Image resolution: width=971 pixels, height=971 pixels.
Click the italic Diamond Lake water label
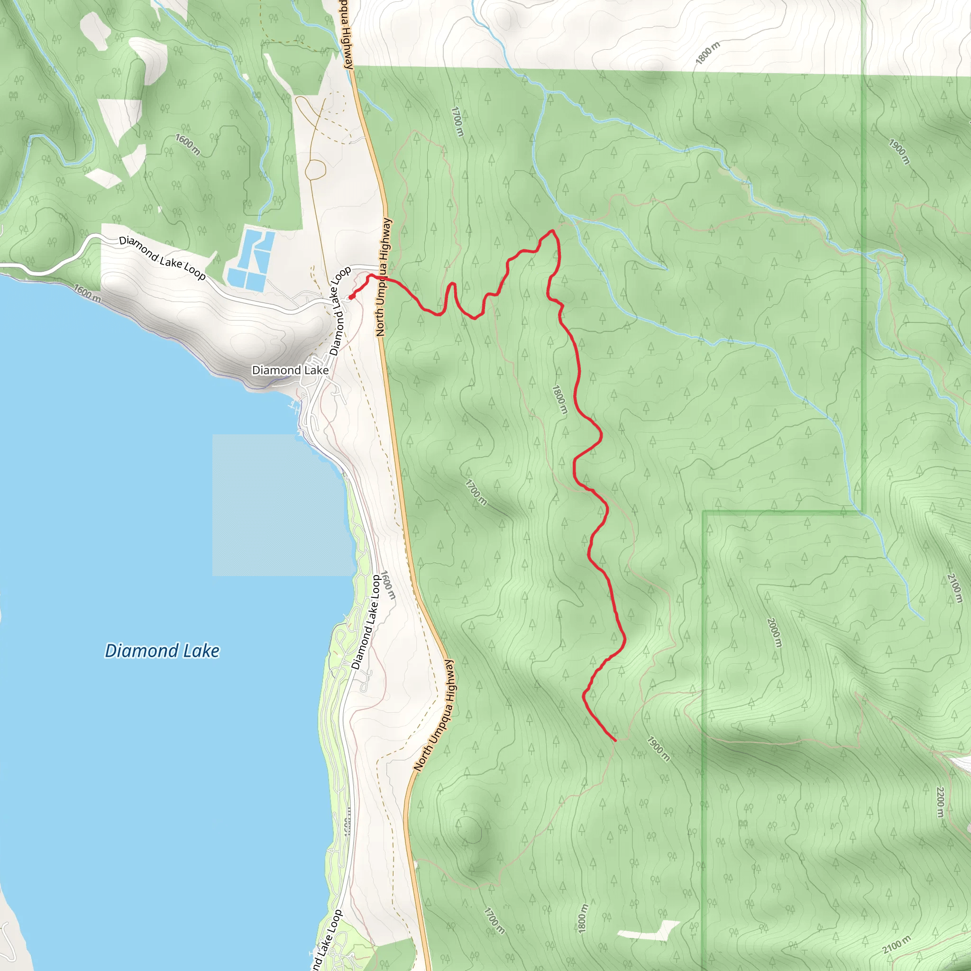pyautogui.click(x=162, y=651)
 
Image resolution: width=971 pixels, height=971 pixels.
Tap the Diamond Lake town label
pyautogui.click(x=290, y=370)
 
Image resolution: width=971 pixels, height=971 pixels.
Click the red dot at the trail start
pyautogui.click(x=351, y=297)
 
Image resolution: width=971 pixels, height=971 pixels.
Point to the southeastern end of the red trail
pyautogui.click(x=615, y=740)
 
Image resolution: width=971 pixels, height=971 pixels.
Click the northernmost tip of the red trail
pyautogui.click(x=552, y=231)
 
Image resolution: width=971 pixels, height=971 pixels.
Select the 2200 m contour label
pyautogui.click(x=940, y=802)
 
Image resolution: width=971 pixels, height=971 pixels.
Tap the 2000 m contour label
pyautogui.click(x=775, y=632)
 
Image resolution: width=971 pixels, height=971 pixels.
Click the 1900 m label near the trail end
pyautogui.click(x=658, y=749)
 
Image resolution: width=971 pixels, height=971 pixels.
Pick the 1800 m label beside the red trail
pyautogui.click(x=559, y=400)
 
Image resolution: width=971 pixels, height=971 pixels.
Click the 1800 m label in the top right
pyautogui.click(x=708, y=53)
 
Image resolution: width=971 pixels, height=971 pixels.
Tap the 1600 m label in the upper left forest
pyautogui.click(x=188, y=145)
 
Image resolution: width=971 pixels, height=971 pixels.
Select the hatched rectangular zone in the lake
pyautogui.click(x=282, y=505)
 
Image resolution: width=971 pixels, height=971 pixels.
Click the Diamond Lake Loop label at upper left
pyautogui.click(x=162, y=258)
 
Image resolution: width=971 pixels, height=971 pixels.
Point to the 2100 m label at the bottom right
pyautogui.click(x=896, y=945)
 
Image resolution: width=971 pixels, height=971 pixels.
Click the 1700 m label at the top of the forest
pyautogui.click(x=458, y=121)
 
